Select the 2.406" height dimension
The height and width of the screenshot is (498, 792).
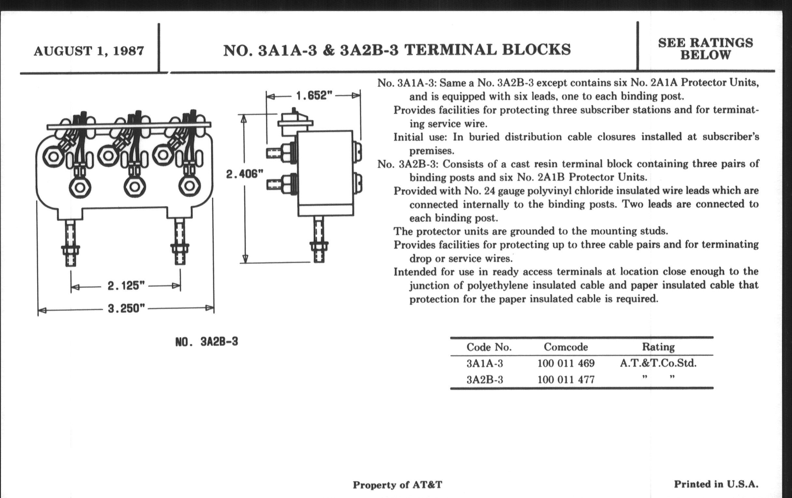click(245, 174)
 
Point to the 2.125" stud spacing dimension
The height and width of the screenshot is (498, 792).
click(126, 286)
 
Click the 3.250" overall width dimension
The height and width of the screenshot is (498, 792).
click(126, 309)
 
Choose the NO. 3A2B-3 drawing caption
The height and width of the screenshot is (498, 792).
click(206, 342)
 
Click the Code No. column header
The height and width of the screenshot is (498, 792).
click(489, 347)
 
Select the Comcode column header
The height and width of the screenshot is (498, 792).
click(566, 347)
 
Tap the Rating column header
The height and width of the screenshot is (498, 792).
click(658, 347)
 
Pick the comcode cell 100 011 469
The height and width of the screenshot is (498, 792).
click(566, 363)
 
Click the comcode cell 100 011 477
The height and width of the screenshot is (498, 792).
click(566, 380)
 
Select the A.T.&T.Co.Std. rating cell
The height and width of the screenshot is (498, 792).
click(658, 363)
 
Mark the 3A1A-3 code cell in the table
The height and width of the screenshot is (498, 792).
click(485, 363)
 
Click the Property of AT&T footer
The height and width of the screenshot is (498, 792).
click(397, 485)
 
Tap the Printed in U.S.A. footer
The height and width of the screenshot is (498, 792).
click(716, 484)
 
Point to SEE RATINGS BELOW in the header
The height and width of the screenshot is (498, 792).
click(705, 49)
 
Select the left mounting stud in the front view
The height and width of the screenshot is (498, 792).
click(70, 242)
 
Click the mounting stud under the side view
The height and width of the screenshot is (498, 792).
click(319, 239)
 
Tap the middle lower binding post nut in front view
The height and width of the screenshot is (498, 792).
click(134, 187)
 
